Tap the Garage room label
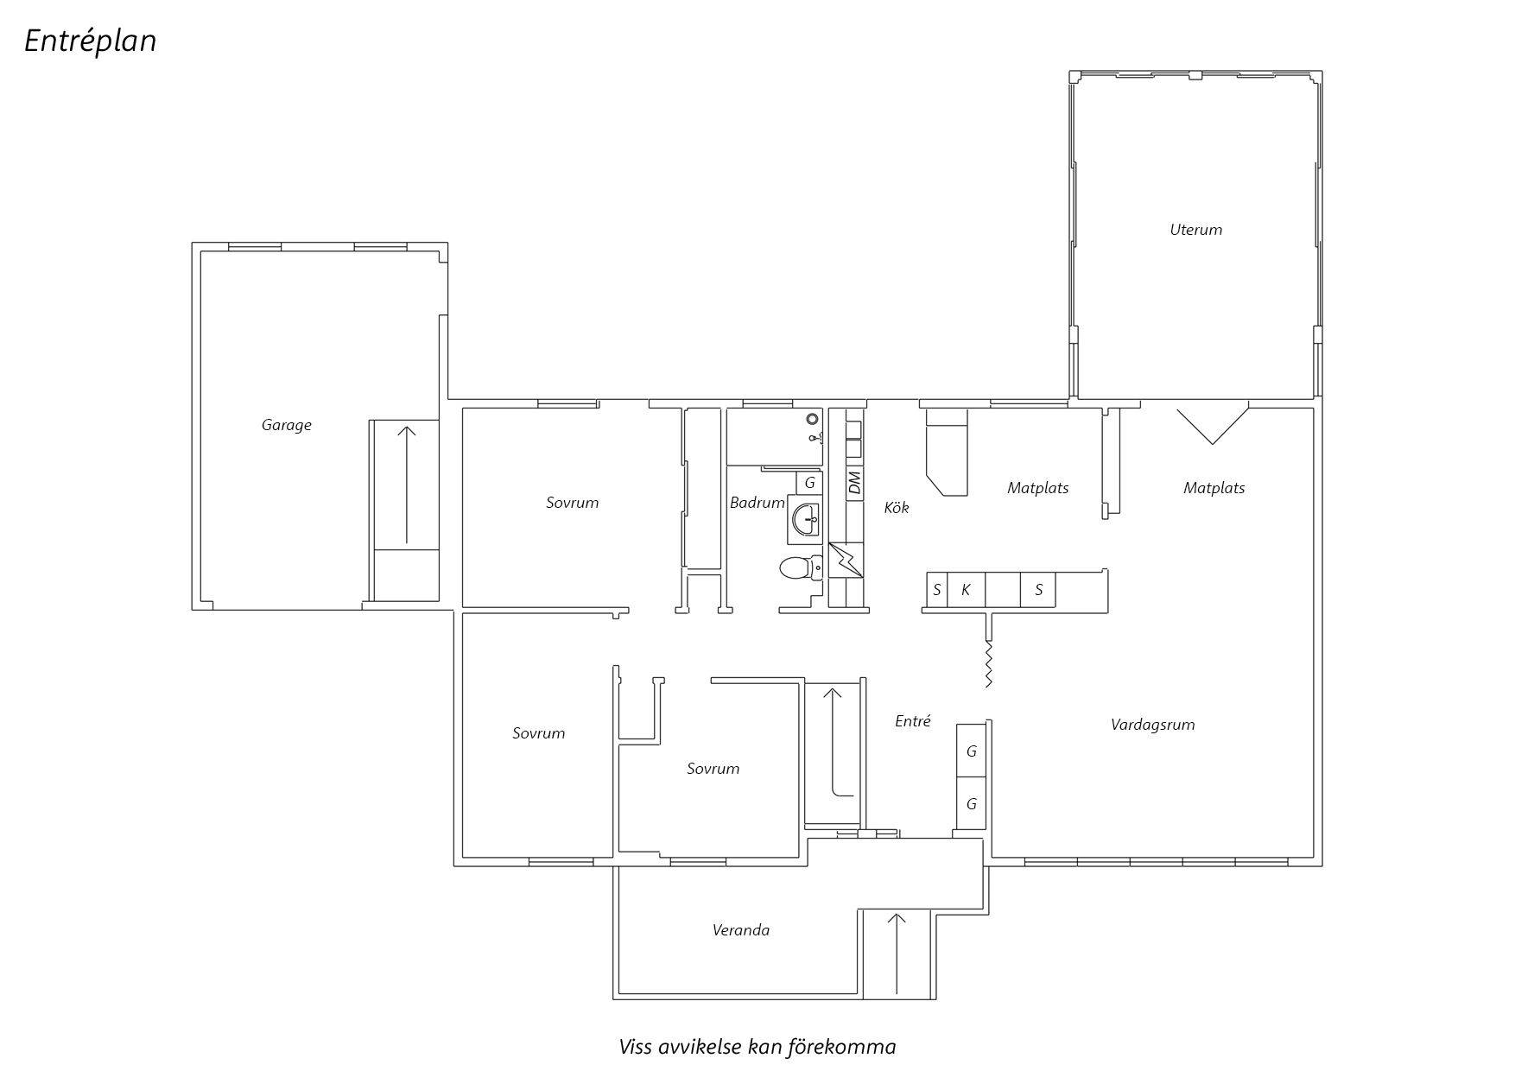pos(287,425)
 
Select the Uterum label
pos(1196,230)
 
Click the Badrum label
pos(757,503)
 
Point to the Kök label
pos(897,508)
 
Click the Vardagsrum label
pos(1153,725)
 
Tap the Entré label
pos(913,721)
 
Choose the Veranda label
pos(741,930)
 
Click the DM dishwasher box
pos(855,482)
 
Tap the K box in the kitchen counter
pos(967,591)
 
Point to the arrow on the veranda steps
pos(897,954)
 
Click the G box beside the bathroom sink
pos(809,484)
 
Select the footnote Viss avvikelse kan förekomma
pos(757,1048)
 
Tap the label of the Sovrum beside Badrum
pos(573,503)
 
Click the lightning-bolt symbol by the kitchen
pos(846,560)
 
